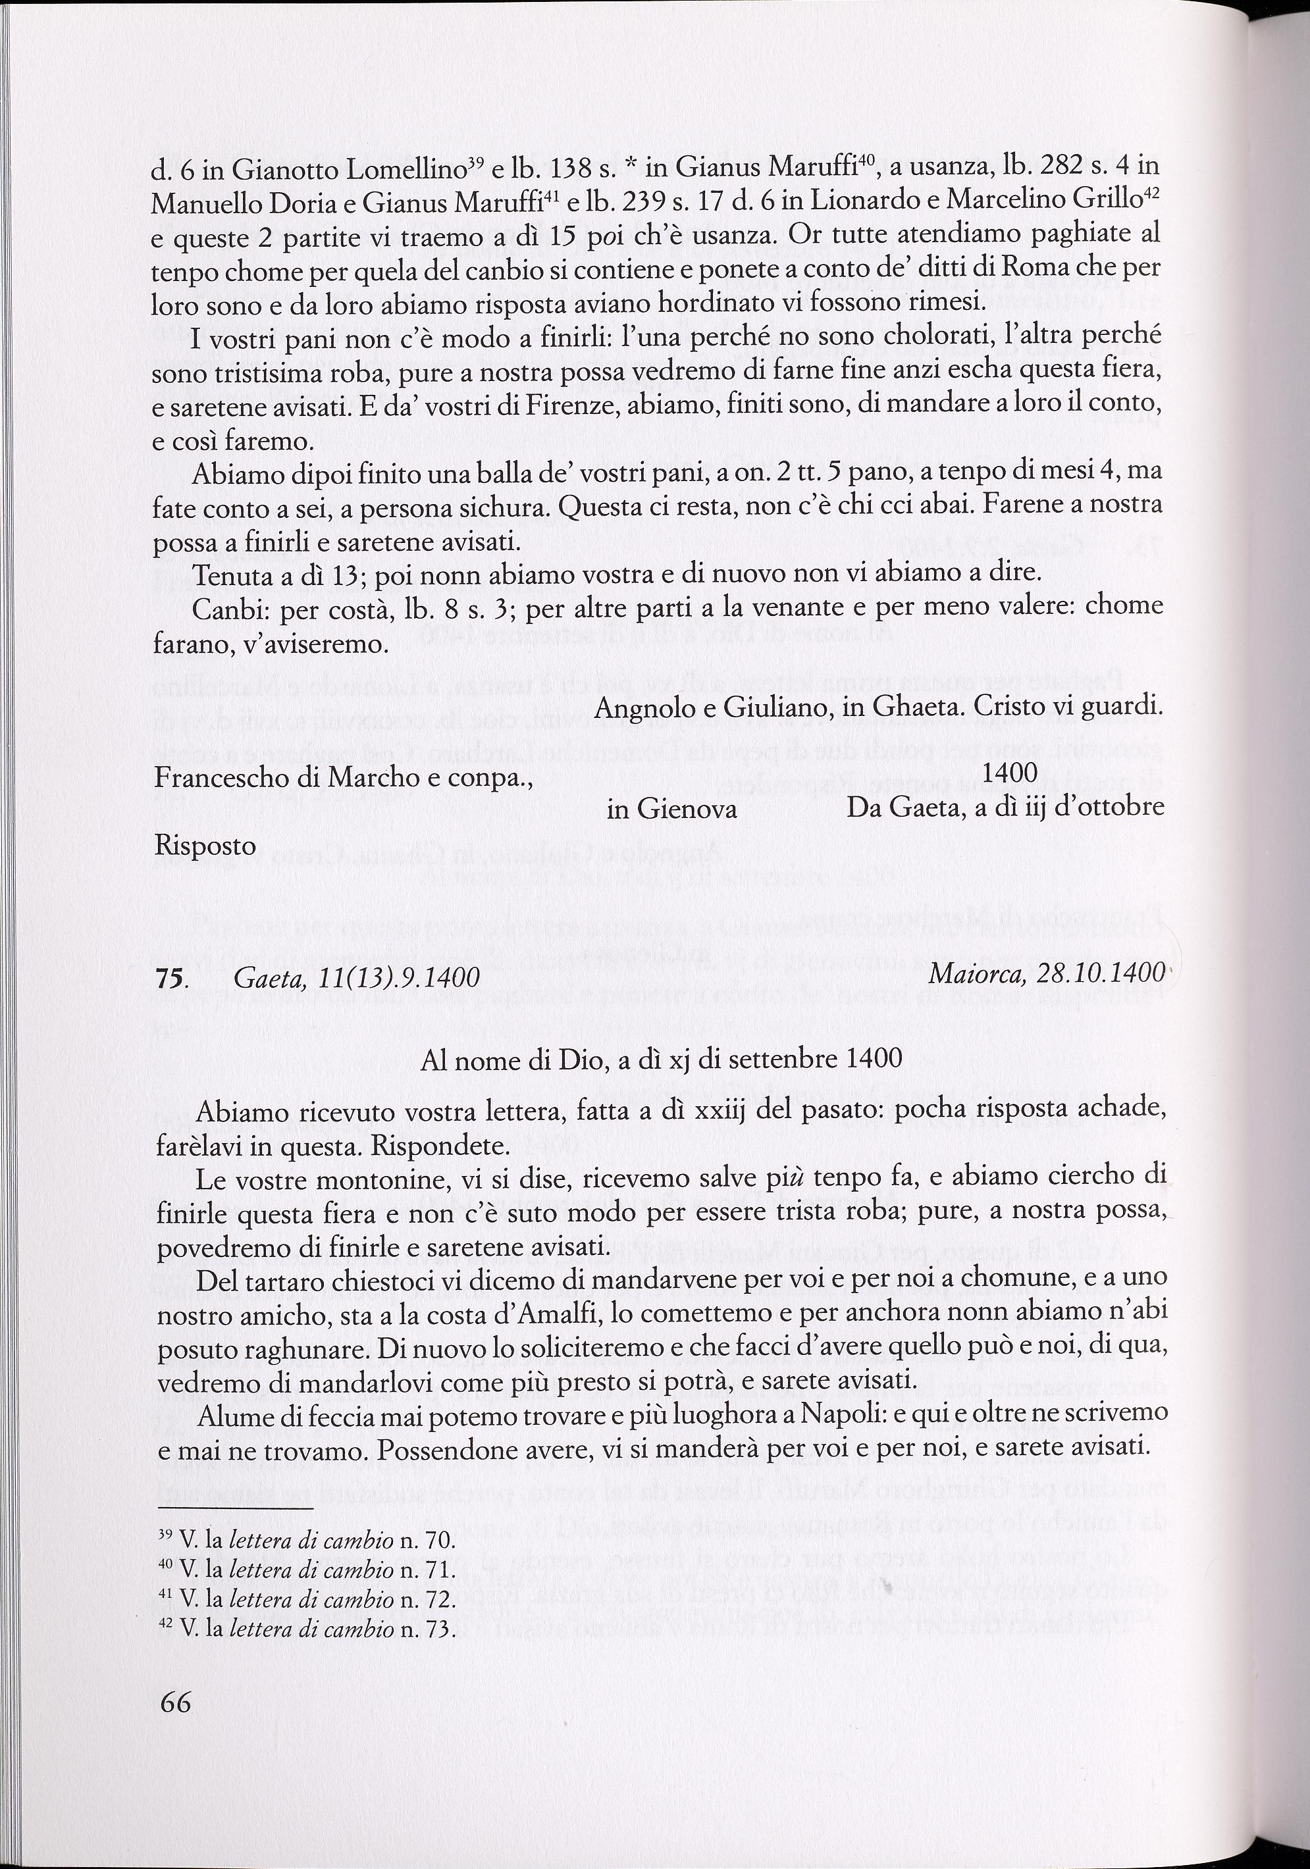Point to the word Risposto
point(205,846)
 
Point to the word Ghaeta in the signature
point(906,707)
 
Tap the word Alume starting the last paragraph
point(234,1415)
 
